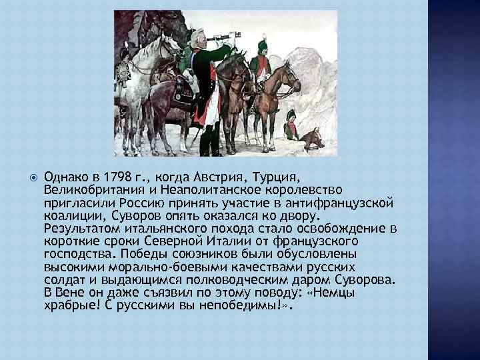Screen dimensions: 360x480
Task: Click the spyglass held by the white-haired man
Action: [219, 38]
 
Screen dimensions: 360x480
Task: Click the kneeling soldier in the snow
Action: [291, 125]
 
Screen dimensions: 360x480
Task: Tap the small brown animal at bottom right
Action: [311, 138]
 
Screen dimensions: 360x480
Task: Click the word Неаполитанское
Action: [195, 191]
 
